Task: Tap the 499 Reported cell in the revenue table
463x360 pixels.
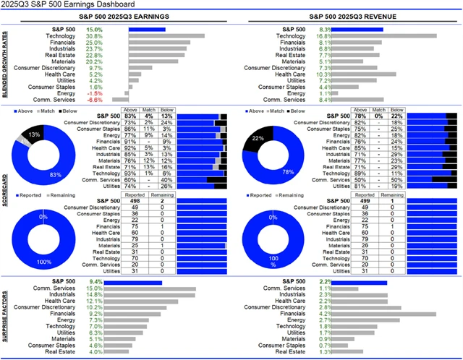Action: pyautogui.click(x=344, y=201)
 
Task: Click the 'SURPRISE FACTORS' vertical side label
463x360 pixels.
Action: pyautogui.click(x=5, y=317)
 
